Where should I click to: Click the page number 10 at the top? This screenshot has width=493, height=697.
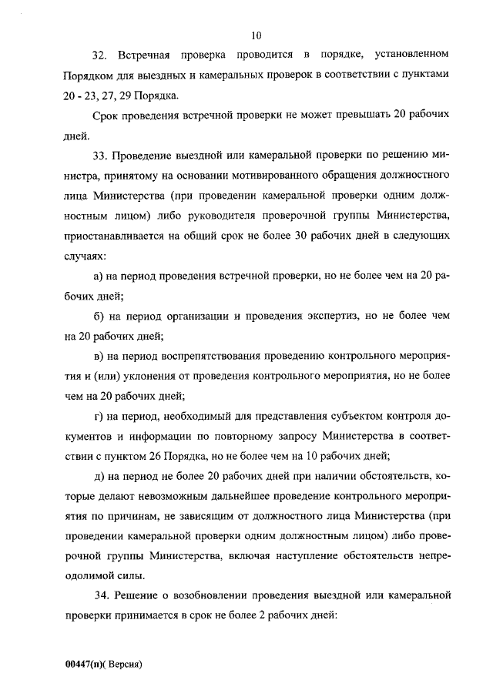pos(257,34)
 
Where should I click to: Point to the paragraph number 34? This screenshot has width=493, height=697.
pos(98,596)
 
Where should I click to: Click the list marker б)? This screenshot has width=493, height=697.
pos(98,317)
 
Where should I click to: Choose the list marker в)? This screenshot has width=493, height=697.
pos(98,357)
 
